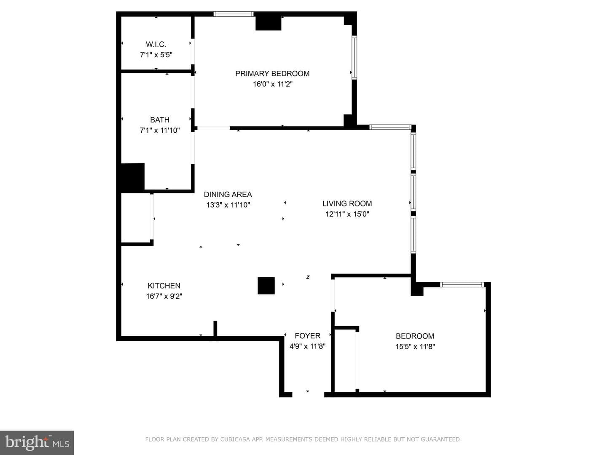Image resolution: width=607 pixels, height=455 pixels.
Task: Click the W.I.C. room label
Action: pos(156,44)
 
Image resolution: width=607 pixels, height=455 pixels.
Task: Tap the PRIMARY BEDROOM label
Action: pos(272,73)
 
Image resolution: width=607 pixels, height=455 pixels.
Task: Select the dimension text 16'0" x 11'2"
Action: pos(273,84)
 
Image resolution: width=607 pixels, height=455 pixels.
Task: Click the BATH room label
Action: pos(160,120)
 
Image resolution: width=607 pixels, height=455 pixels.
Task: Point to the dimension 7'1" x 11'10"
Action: pos(160,130)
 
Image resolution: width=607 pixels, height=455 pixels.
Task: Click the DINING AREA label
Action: pos(228,195)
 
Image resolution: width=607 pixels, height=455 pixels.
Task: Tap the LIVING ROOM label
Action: pos(347,203)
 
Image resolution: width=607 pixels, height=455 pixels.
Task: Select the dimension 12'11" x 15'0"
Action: pos(347,214)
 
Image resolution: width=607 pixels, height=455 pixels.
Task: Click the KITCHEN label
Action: pos(164,286)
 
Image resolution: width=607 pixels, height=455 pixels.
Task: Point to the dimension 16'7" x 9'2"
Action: pos(164,296)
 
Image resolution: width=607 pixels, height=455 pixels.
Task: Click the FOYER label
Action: pos(308,336)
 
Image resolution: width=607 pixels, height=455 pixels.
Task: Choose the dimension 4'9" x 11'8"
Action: pos(308,346)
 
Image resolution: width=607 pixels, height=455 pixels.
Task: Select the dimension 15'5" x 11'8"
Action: pos(415,346)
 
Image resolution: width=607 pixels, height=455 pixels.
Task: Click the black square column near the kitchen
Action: pos(266,286)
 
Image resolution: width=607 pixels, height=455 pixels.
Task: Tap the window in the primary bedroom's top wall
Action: pos(234,14)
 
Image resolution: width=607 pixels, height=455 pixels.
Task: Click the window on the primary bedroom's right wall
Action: pos(354,57)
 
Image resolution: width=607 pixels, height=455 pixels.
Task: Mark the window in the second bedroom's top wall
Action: pos(462,284)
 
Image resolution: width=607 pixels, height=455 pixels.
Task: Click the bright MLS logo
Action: pos(37,443)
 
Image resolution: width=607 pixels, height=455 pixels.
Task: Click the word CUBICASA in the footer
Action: pos(235,439)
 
